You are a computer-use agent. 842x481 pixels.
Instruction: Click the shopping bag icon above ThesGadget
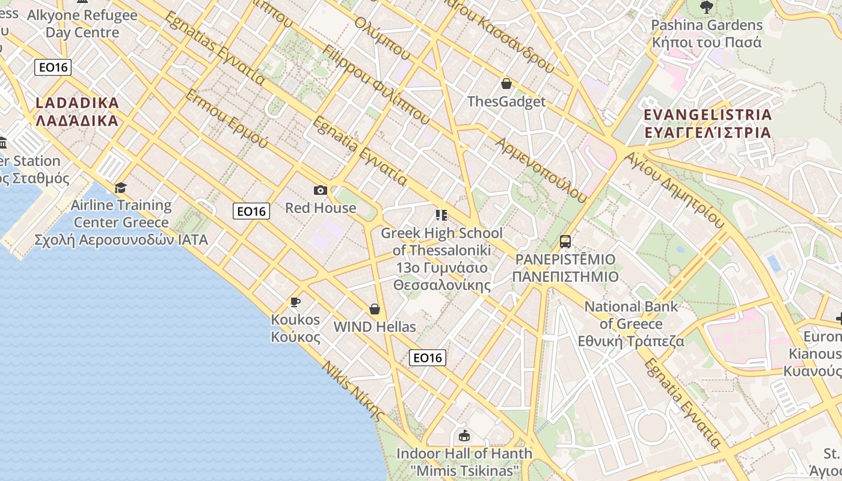[x=506, y=84]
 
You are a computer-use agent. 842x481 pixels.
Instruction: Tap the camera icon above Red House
[x=320, y=191]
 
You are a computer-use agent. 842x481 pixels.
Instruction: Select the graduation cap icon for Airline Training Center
[x=121, y=188]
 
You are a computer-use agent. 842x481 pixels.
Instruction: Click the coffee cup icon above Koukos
[x=295, y=302]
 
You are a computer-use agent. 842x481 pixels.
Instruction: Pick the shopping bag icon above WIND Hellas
[x=374, y=309]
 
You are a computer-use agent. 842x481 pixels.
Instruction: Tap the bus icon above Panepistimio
[x=565, y=242]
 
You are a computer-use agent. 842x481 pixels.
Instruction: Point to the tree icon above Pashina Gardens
[x=706, y=7]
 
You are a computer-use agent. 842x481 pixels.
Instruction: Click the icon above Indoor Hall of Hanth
[x=464, y=435]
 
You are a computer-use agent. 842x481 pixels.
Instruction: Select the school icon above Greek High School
[x=441, y=215]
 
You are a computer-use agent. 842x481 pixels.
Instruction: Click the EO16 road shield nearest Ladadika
[x=53, y=67]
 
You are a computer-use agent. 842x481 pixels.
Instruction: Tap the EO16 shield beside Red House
[x=251, y=211]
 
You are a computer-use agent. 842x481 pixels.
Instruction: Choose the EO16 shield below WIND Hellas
[x=428, y=358]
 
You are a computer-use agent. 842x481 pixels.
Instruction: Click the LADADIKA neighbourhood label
[x=77, y=112]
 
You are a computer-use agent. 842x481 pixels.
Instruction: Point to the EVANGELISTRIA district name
[x=707, y=123]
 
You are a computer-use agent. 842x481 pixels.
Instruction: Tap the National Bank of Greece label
[x=631, y=323]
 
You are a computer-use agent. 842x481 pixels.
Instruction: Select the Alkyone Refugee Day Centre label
[x=82, y=23]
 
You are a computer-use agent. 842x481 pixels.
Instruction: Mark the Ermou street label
[x=226, y=118]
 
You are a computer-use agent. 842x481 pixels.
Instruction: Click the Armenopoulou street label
[x=540, y=170]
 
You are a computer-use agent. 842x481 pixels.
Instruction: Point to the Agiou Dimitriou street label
[x=674, y=189]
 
